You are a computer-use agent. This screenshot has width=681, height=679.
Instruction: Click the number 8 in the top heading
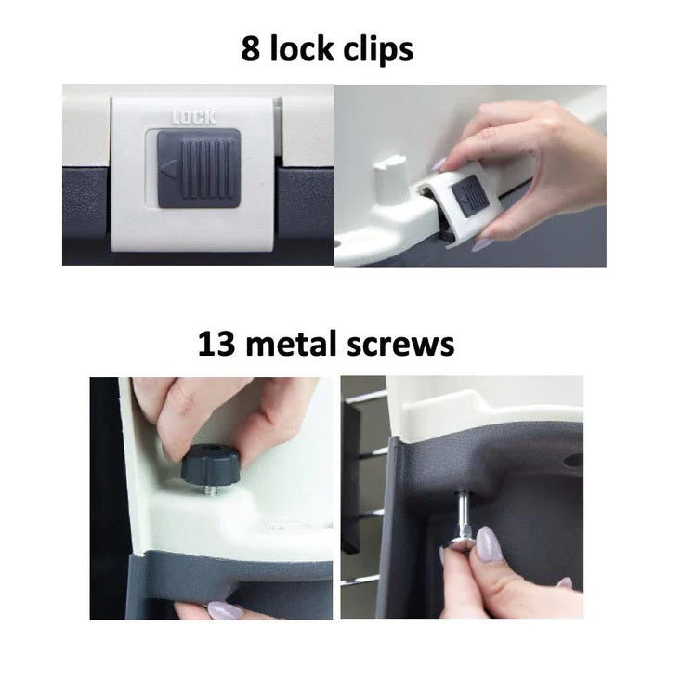pyautogui.click(x=251, y=48)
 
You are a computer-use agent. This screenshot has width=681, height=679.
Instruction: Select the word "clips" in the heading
pyautogui.click(x=378, y=50)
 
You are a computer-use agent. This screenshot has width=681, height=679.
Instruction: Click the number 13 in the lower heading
pyautogui.click(x=216, y=344)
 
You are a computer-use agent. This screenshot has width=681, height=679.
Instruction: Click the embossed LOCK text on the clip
pyautogui.click(x=193, y=118)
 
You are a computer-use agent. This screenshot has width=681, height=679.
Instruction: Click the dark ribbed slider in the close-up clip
pyautogui.click(x=199, y=168)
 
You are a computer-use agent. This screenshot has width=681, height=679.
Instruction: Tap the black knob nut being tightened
pyautogui.click(x=210, y=466)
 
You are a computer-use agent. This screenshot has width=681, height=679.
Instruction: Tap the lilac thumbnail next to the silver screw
pyautogui.click(x=489, y=544)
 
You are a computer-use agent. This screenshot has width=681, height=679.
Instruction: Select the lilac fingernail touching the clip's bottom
pyautogui.click(x=481, y=244)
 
